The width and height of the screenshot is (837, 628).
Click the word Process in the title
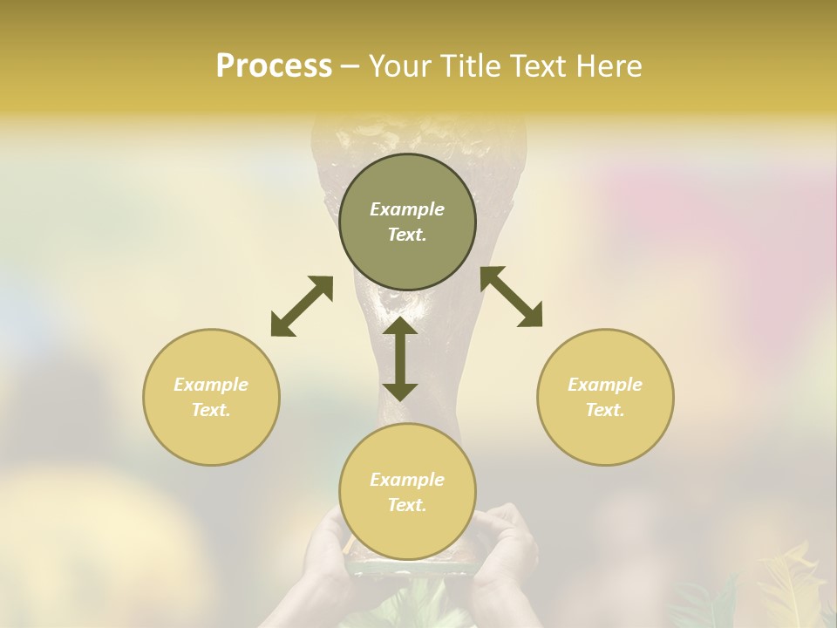[274, 66]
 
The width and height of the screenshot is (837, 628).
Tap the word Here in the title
[608, 66]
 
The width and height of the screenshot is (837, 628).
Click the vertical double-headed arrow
[400, 358]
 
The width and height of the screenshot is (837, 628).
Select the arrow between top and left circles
[302, 306]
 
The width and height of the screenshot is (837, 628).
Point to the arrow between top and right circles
[511, 297]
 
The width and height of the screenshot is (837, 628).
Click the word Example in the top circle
[407, 209]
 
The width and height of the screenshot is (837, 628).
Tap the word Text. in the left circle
[211, 410]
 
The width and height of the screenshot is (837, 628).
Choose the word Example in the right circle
[605, 385]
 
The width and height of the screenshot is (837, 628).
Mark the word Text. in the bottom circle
[407, 505]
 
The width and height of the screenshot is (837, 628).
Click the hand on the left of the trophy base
[324, 549]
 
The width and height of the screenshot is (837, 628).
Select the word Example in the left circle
[211, 385]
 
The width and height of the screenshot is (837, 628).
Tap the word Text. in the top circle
[407, 235]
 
